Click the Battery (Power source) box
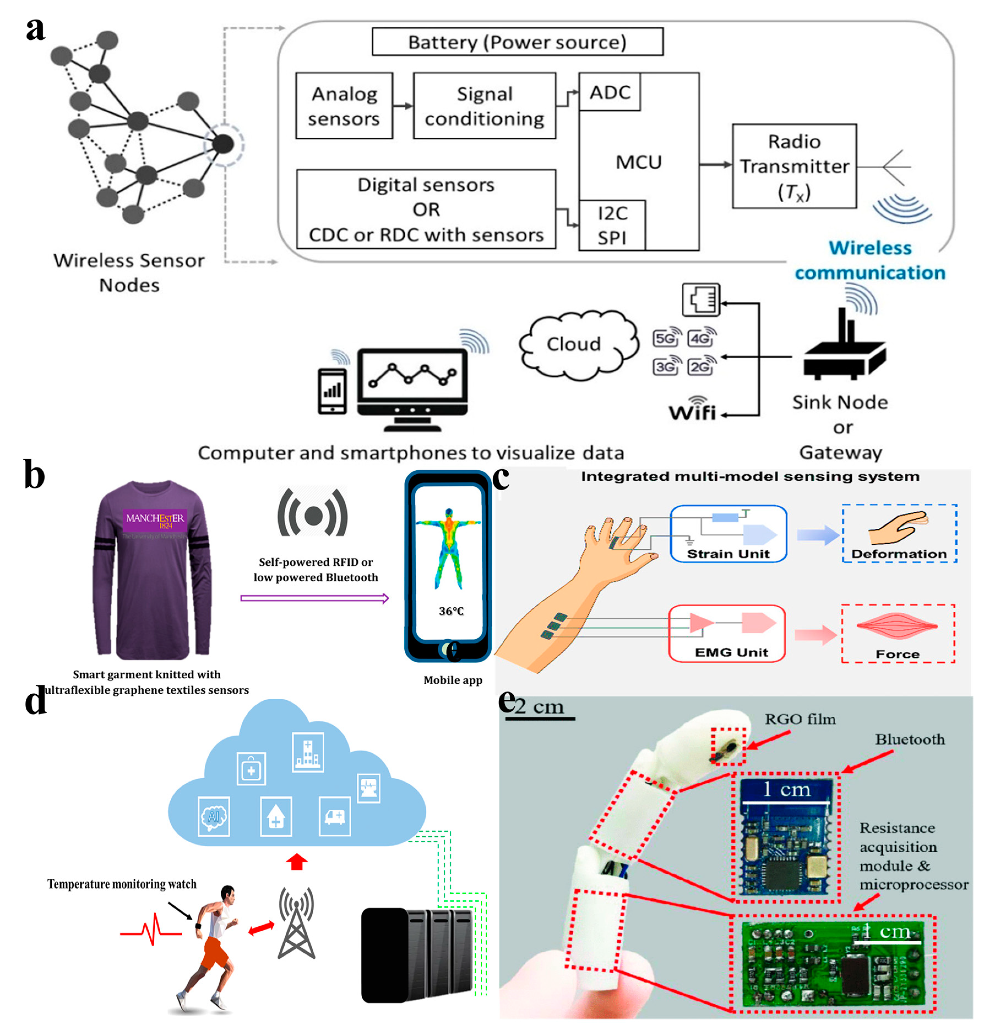click(517, 42)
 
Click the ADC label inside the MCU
click(609, 93)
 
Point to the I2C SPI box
click(612, 225)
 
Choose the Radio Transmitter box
click(794, 166)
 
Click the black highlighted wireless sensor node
click(223, 144)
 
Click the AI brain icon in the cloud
click(213, 816)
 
